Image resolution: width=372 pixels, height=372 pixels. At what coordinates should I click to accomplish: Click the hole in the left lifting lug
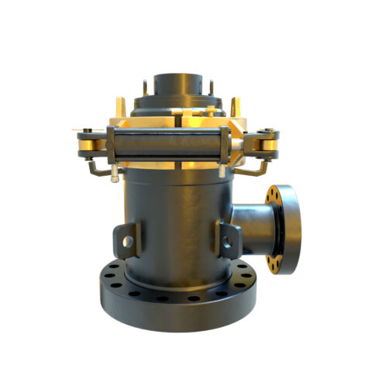(x=127, y=241)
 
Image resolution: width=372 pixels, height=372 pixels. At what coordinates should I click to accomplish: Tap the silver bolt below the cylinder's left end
(x=115, y=175)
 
